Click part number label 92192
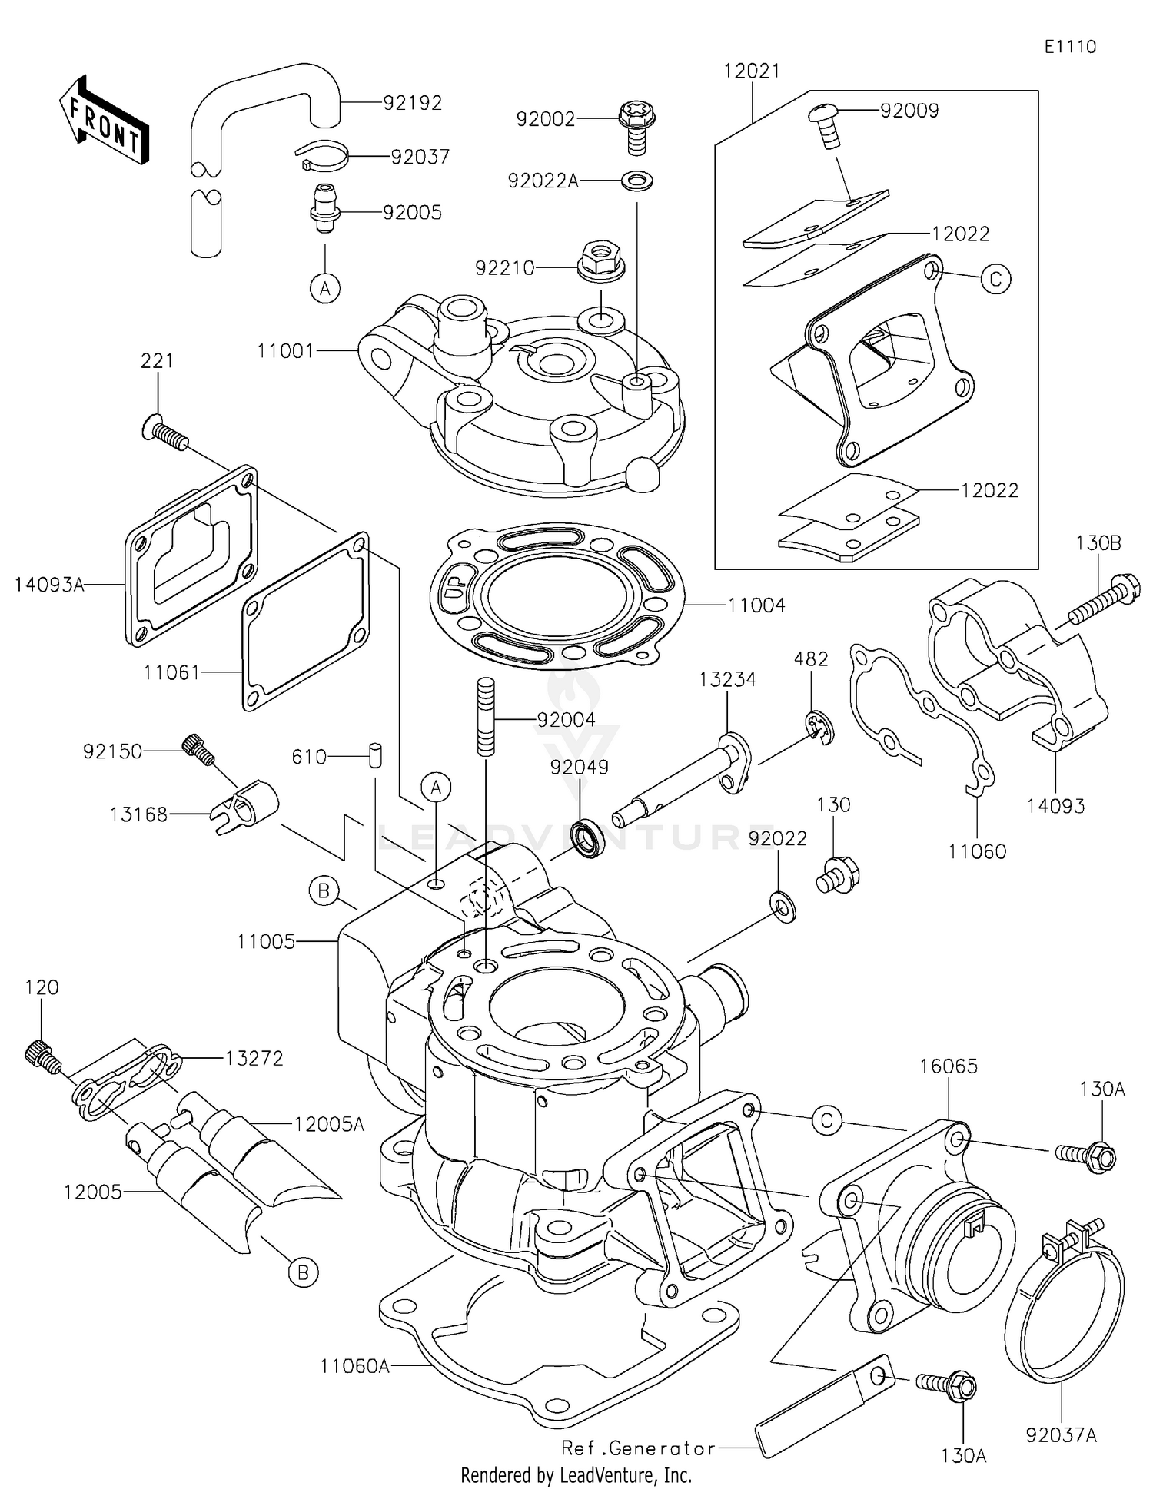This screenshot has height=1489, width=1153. [413, 103]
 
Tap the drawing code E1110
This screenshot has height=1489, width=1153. [1070, 47]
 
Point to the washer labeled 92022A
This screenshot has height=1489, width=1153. [637, 181]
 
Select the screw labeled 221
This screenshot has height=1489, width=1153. [165, 431]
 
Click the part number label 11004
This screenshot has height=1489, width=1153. [756, 605]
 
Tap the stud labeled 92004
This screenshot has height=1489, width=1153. [486, 716]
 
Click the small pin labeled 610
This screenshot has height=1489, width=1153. [375, 754]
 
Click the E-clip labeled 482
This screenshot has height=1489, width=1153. [819, 728]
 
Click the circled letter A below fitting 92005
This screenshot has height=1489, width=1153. [325, 288]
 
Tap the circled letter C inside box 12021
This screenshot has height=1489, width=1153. [995, 279]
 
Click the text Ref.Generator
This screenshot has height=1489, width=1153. [639, 1448]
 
